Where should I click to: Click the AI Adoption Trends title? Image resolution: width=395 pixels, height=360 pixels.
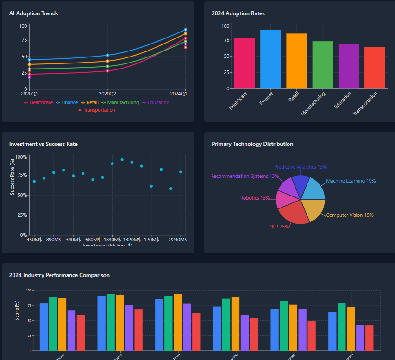33,13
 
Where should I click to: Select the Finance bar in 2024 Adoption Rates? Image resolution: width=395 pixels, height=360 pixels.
270,59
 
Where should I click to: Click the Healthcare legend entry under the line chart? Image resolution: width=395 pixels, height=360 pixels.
38,102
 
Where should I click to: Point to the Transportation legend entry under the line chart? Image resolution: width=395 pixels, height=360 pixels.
97,110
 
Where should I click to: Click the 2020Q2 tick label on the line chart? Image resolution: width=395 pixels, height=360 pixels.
107,94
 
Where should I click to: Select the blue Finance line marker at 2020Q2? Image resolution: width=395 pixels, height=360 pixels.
107,55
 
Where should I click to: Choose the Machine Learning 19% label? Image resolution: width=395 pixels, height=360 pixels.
351,181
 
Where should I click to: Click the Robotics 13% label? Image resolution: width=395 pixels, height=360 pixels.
255,198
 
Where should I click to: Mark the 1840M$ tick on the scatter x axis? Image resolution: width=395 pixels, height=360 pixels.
112,240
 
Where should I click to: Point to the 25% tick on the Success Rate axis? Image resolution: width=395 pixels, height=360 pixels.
21,215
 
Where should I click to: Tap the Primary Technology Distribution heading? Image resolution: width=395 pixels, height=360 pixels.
252,144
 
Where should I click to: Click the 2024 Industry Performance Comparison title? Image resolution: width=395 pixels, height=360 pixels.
59,275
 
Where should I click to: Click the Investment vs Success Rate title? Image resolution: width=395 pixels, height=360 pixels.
44,144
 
